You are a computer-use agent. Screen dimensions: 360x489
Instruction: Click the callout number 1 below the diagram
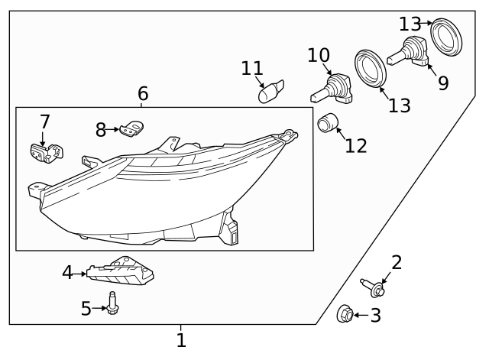click(x=181, y=340)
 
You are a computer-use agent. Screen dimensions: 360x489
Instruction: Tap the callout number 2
click(x=397, y=263)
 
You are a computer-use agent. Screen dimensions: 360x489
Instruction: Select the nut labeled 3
click(x=345, y=313)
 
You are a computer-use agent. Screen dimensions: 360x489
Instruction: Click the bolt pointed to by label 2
click(x=375, y=289)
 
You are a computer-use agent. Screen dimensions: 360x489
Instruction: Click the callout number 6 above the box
click(x=143, y=94)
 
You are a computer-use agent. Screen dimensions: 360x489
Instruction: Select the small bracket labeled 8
click(x=134, y=128)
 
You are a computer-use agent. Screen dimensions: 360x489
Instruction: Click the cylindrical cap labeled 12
click(x=329, y=122)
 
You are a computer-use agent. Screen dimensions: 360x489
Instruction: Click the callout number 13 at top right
click(x=410, y=24)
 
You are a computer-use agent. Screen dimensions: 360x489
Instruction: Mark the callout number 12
click(x=356, y=145)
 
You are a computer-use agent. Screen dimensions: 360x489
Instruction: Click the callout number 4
click(x=67, y=272)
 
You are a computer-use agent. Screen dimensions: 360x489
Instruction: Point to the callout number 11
click(x=252, y=68)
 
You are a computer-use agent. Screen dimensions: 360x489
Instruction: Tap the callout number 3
click(x=375, y=315)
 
